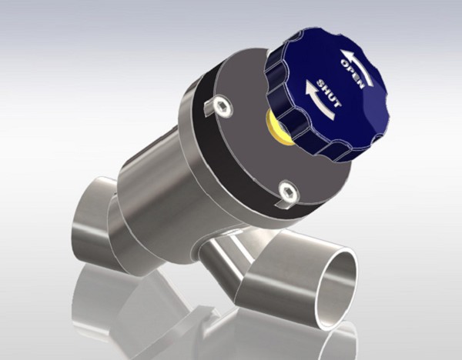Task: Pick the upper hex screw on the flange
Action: [221, 105]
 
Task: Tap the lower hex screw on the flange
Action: [287, 192]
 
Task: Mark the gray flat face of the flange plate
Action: [246, 154]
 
